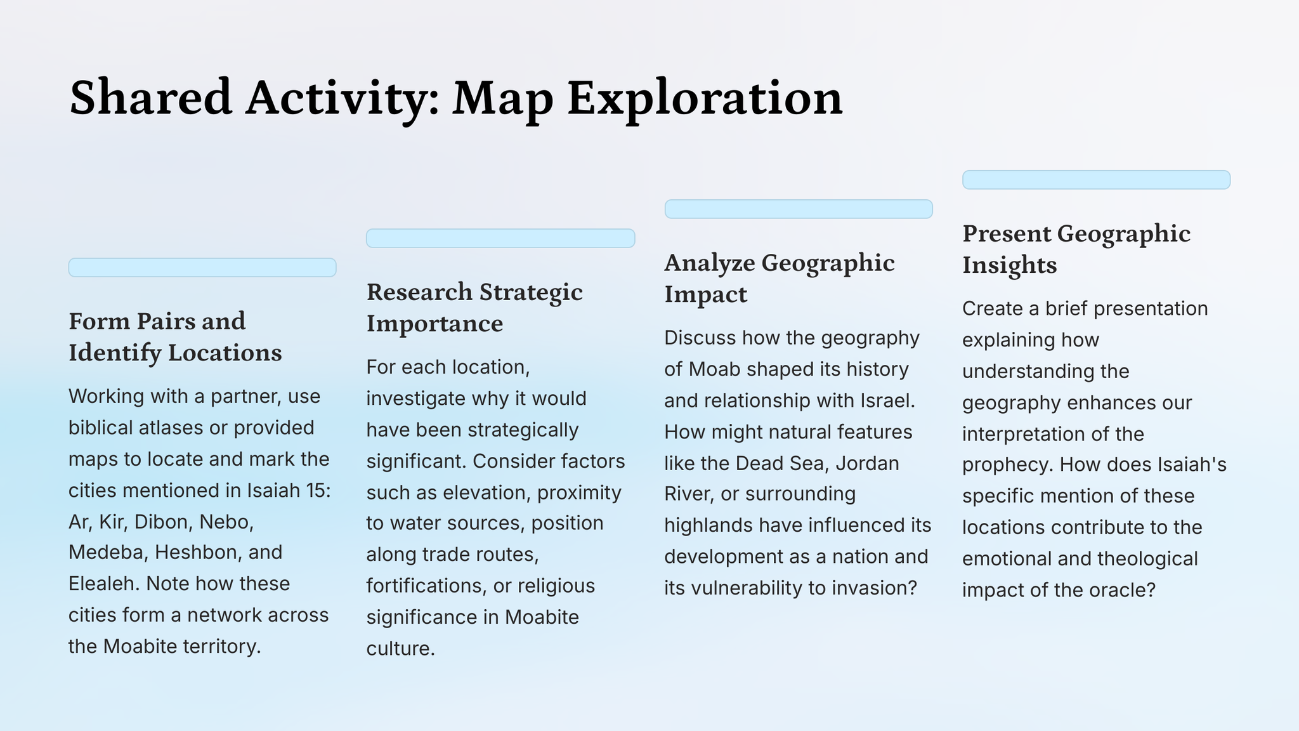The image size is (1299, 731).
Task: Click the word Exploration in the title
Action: (x=705, y=99)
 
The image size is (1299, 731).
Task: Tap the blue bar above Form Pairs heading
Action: (x=202, y=267)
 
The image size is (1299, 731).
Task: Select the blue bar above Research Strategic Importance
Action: (x=500, y=238)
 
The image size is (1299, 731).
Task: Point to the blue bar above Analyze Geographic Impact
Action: (x=799, y=209)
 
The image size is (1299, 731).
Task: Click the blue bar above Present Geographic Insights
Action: (x=1096, y=180)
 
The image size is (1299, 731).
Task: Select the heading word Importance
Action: (x=434, y=324)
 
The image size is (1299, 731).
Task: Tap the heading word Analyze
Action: (x=710, y=263)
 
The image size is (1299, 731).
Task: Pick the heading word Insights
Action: (x=1009, y=265)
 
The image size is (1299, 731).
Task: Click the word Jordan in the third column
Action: (x=867, y=463)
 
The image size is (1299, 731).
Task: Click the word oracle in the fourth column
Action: (x=1121, y=590)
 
